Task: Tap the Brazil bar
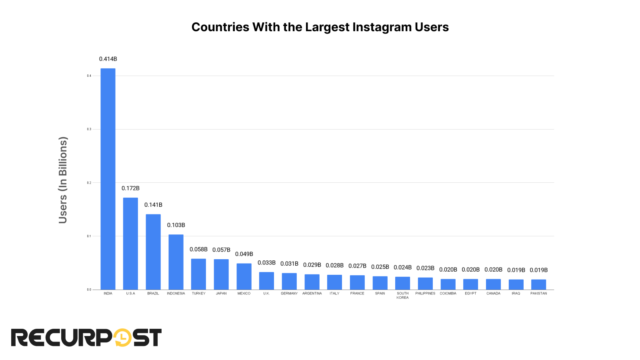pos(153,252)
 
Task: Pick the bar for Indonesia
pos(176,262)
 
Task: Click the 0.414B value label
pos(108,59)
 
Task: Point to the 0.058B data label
pos(198,249)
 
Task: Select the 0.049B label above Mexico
pos(244,254)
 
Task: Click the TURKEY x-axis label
pos(198,293)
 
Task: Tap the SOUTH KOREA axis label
pos(402,295)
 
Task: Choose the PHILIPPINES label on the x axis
pos(425,293)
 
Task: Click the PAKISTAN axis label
pos(538,293)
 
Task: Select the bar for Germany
pos(289,281)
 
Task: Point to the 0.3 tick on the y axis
pos(89,129)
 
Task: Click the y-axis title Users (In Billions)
pos(63,180)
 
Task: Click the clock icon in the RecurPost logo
pos(122,338)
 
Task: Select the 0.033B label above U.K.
pos(266,263)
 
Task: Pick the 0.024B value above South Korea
pos(402,267)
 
